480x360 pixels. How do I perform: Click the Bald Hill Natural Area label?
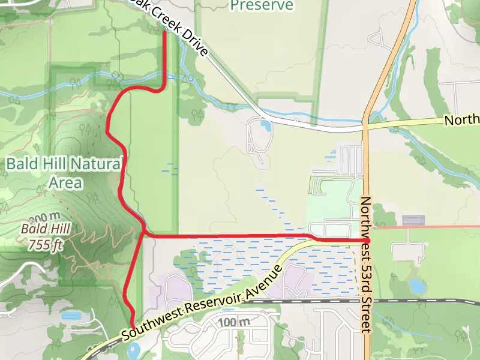click(x=64, y=172)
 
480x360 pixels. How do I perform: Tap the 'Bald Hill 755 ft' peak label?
click(x=46, y=236)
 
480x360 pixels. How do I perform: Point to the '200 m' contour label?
click(x=44, y=217)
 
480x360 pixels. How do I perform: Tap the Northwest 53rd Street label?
click(x=366, y=264)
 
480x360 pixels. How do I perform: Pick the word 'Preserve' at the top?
click(x=262, y=6)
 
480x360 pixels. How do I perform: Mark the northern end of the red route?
click(x=164, y=33)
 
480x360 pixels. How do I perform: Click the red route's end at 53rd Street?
click(x=367, y=240)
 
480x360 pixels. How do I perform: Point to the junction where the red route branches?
click(x=144, y=233)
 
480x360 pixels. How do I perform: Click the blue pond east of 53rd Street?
click(x=416, y=285)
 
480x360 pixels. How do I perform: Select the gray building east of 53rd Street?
click(x=413, y=220)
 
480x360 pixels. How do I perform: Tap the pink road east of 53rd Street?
click(x=426, y=227)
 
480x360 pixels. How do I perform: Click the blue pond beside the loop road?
click(x=265, y=126)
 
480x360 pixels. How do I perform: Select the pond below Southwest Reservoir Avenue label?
click(x=133, y=350)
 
